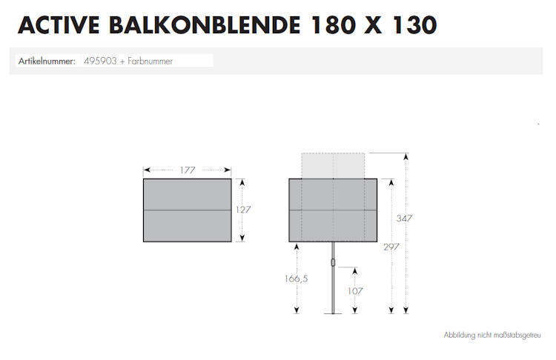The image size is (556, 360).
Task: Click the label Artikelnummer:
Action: point(47,61)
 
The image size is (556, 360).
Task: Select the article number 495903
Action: point(99,61)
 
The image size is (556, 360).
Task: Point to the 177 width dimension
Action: point(187,170)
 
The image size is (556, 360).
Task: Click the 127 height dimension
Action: point(243,210)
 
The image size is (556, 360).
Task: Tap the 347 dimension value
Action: point(404,219)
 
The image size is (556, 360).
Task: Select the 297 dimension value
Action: point(391,247)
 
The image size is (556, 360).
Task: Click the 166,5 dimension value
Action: point(295,279)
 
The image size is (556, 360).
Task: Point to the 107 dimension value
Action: point(355,291)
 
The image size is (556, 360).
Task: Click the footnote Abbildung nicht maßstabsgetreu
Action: point(492,335)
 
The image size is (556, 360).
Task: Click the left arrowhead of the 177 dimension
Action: point(145,170)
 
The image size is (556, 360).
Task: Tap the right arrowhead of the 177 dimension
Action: point(228,170)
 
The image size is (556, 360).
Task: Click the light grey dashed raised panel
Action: point(333,165)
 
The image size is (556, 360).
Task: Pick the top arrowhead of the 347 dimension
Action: point(406,156)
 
